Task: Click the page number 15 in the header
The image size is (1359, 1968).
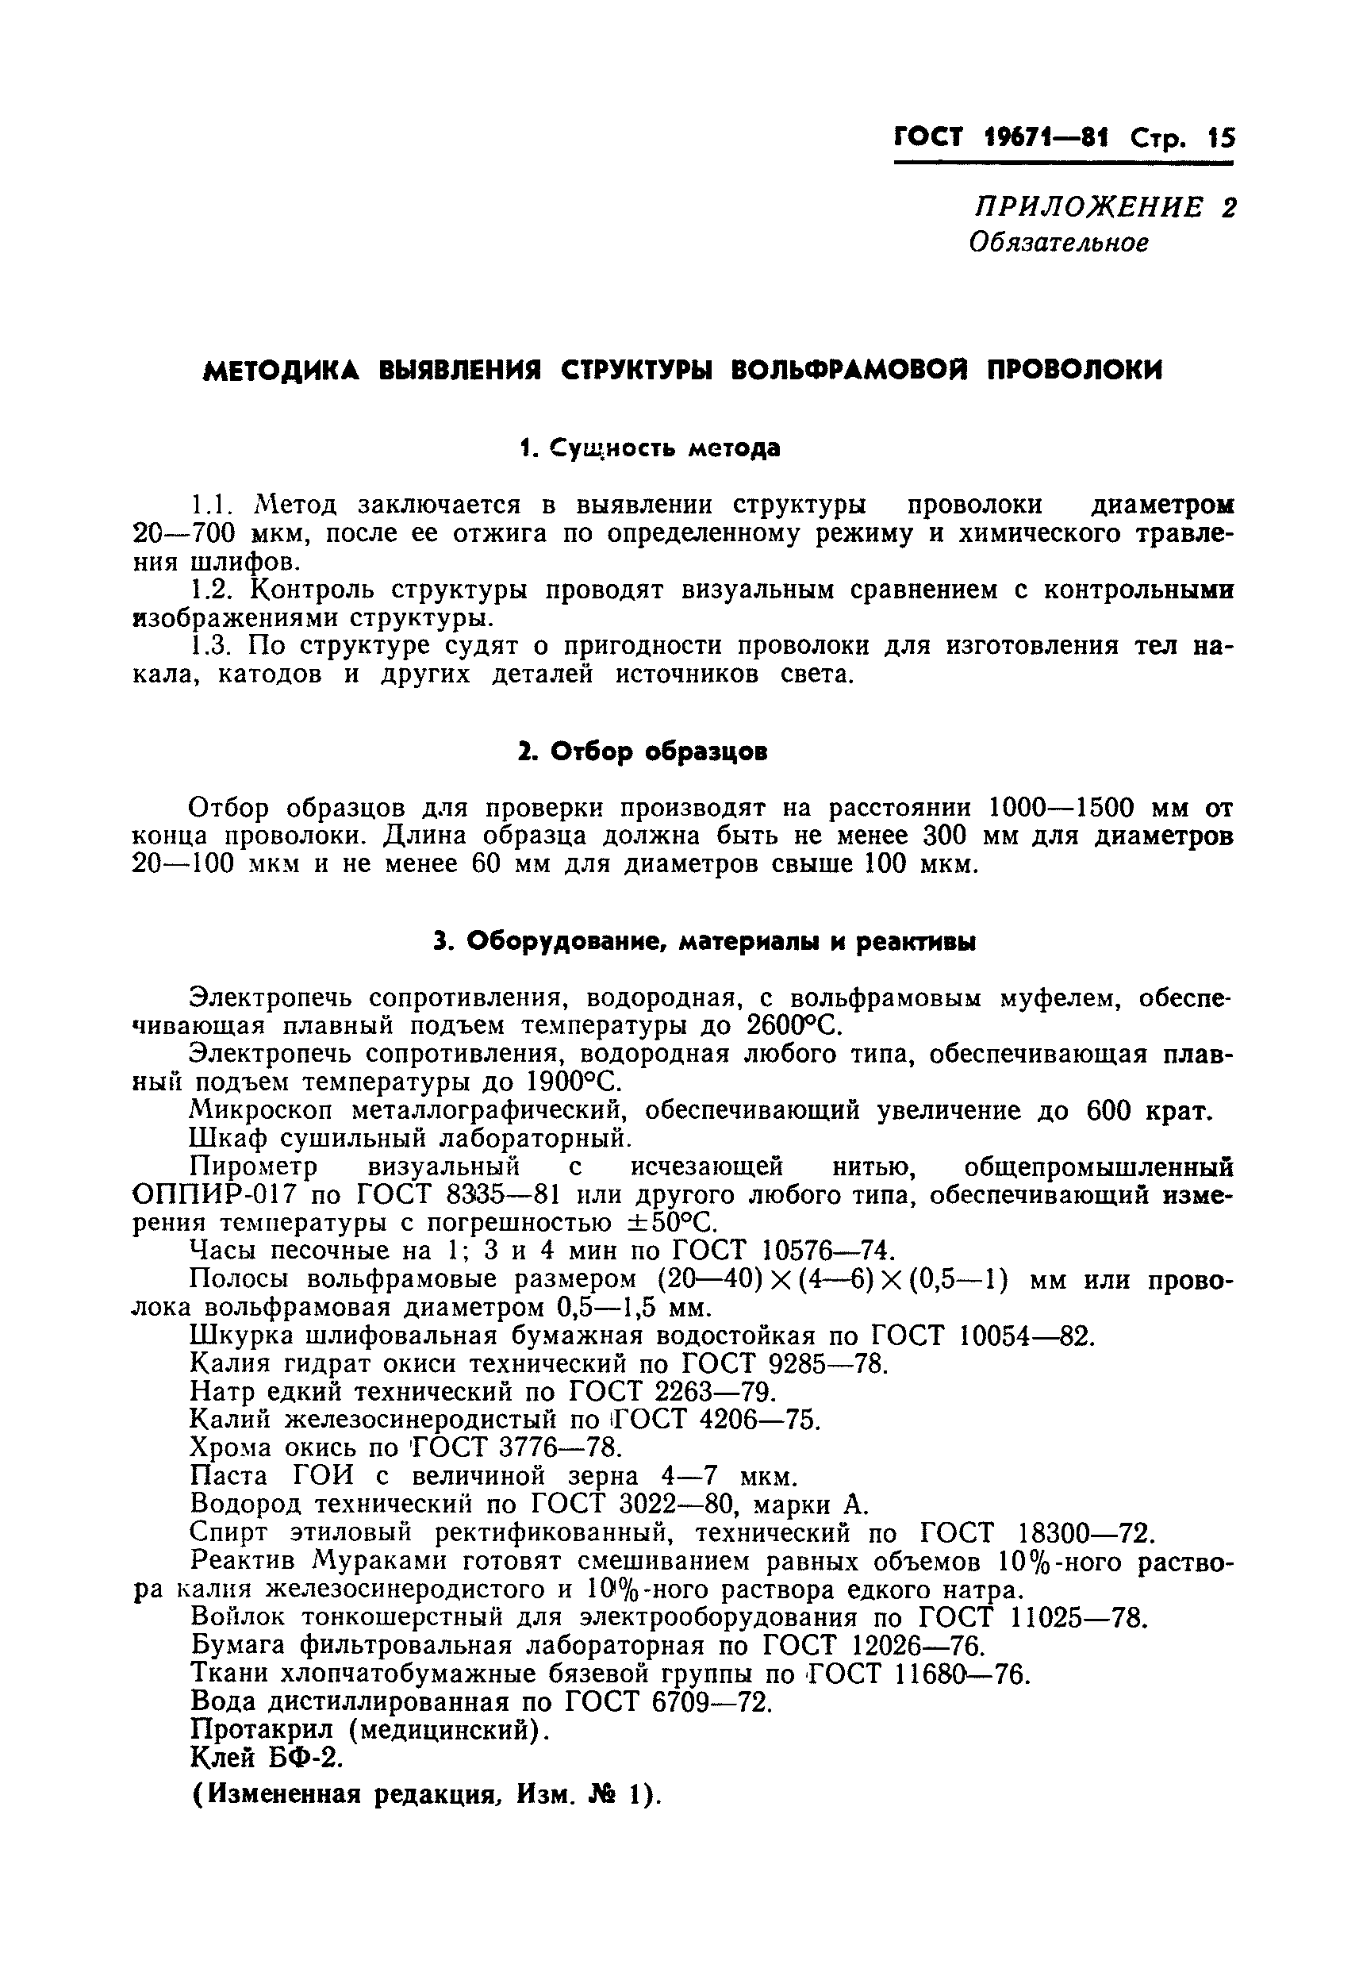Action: point(1220,139)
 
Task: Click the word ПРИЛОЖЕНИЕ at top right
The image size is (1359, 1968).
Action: point(1089,208)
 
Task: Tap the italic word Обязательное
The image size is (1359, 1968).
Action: point(1059,244)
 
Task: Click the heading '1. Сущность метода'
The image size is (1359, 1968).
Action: point(650,448)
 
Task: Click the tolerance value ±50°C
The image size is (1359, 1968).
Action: point(665,1224)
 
